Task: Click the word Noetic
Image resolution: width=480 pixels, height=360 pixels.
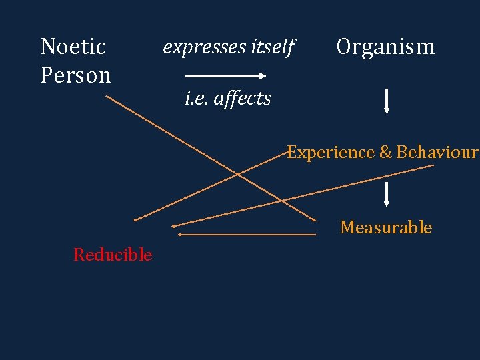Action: pyautogui.click(x=73, y=47)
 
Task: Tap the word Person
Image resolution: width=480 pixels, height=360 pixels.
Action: pyautogui.click(x=75, y=75)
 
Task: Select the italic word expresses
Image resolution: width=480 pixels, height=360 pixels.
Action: pyautogui.click(x=203, y=47)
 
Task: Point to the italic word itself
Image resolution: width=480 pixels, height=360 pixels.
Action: pyautogui.click(x=272, y=47)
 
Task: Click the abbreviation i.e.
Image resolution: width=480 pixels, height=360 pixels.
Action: pyautogui.click(x=194, y=99)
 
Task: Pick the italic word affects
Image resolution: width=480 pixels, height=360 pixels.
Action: pyautogui.click(x=241, y=99)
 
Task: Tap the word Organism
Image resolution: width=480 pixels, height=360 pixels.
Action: pyautogui.click(x=385, y=47)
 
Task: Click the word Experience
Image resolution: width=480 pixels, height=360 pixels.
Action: pyautogui.click(x=331, y=152)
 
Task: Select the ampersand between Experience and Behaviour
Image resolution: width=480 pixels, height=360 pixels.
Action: pyautogui.click(x=385, y=153)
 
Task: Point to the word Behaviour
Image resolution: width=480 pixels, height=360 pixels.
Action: pyautogui.click(x=437, y=153)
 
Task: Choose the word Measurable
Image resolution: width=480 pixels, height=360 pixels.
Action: pyautogui.click(x=386, y=227)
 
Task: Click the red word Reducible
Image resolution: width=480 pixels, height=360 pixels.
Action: pyautogui.click(x=113, y=255)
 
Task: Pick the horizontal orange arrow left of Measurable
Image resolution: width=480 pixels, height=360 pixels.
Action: pyautogui.click(x=247, y=235)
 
